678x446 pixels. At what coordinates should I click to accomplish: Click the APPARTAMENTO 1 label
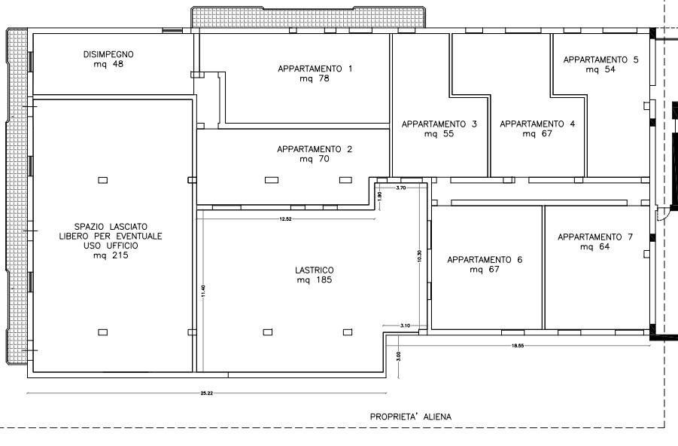point(315,69)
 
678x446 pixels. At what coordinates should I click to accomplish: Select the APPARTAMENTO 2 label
point(314,149)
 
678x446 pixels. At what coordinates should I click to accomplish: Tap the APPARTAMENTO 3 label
point(439,124)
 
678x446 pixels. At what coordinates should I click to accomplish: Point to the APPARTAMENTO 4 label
point(537,124)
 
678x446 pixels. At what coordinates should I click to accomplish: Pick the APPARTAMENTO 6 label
point(485,260)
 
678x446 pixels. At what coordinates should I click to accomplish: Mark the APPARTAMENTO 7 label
point(595,237)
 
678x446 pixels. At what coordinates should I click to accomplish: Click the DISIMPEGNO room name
point(108,54)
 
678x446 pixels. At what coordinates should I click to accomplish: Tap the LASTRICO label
point(314,270)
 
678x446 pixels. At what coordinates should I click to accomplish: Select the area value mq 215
point(111,255)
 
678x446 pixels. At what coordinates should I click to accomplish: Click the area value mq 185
point(314,280)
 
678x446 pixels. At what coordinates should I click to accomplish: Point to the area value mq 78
point(315,78)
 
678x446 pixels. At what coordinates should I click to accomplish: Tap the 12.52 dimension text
point(286,219)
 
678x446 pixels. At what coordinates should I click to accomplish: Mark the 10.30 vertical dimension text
point(419,257)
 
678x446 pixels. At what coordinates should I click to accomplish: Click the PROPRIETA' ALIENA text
point(411,417)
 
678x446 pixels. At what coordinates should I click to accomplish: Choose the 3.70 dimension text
point(401,188)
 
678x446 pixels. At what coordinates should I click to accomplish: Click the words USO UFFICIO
point(111,246)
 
